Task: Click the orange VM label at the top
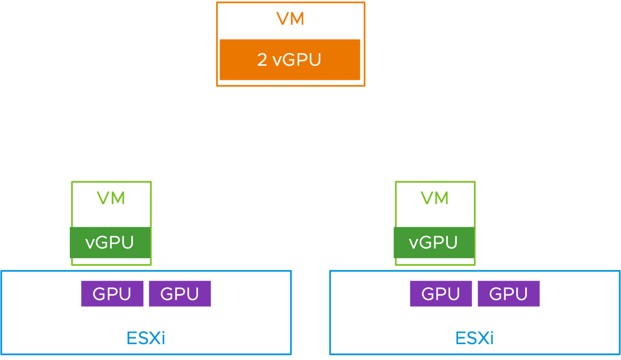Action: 290,19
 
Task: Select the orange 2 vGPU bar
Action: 289,60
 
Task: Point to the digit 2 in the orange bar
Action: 262,60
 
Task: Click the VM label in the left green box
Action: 111,198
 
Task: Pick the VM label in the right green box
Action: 434,198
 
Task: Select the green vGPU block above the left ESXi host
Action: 110,242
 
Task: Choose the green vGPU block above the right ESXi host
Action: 433,242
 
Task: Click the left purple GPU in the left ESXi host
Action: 112,294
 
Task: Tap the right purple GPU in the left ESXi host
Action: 180,294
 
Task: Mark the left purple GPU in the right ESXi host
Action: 440,294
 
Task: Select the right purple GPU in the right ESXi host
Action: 508,294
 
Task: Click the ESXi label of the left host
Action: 145,338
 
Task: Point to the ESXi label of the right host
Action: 475,338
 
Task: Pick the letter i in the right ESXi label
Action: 491,338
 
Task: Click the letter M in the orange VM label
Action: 297,19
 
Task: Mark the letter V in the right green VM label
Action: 427,198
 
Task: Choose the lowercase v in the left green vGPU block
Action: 90,243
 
